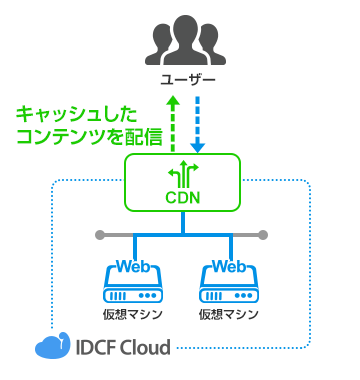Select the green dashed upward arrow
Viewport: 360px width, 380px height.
pos(172,120)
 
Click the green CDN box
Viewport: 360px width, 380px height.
pos(182,181)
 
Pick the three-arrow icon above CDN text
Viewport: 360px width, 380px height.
pos(182,173)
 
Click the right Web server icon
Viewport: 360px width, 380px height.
pos(230,284)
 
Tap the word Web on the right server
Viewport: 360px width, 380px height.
pos(230,267)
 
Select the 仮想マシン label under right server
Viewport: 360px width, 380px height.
pos(230,314)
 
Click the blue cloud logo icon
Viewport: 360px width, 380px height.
pos(49,347)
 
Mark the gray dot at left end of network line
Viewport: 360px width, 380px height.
pos(99,236)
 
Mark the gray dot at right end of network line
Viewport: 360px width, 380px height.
pos(264,236)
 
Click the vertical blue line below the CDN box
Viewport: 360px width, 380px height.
pos(182,222)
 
